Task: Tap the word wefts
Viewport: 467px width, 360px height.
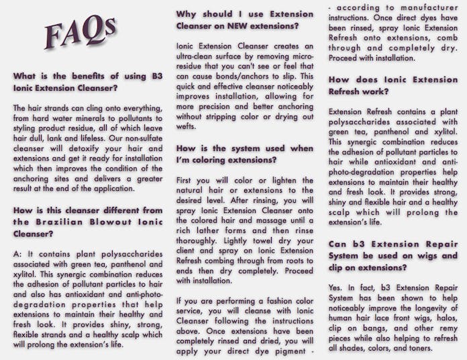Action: [x=187, y=126]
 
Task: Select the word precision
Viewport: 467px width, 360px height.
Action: [x=209, y=106]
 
